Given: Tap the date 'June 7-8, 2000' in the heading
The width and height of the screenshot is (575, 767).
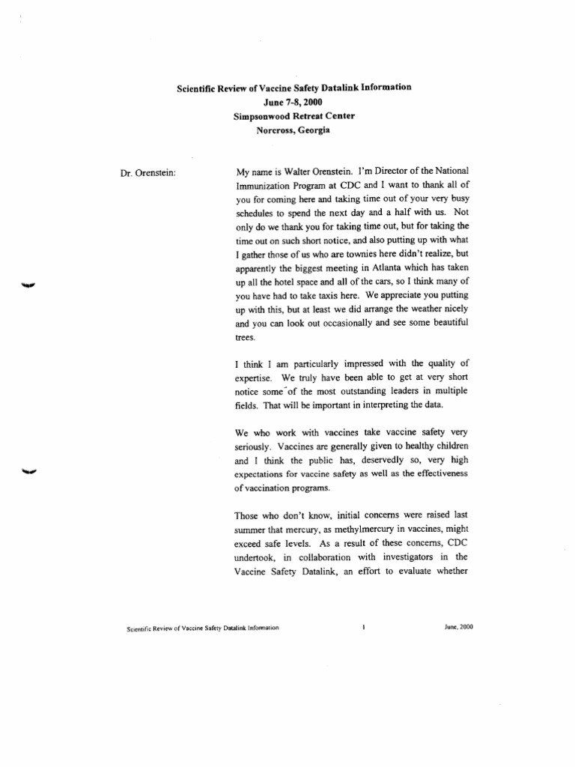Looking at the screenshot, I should click(293, 101).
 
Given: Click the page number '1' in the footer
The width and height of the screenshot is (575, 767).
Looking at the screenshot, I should click(363, 628).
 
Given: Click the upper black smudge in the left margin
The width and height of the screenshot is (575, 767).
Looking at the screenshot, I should click(30, 285).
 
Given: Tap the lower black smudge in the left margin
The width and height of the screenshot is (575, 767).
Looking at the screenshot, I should click(29, 471).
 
